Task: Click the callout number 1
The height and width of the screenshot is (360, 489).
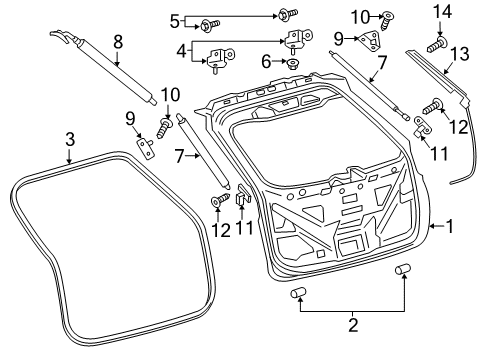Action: [x=450, y=227]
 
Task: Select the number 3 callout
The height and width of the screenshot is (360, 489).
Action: [x=68, y=139]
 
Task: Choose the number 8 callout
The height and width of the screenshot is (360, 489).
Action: [x=118, y=42]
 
